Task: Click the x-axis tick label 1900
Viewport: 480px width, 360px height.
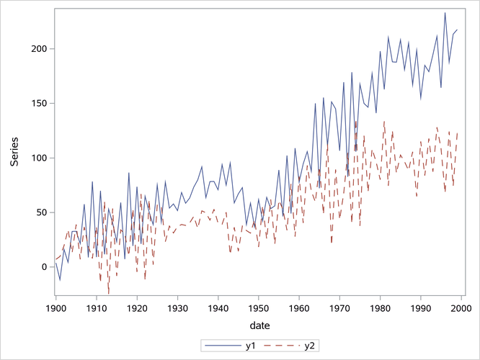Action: pyautogui.click(x=55, y=308)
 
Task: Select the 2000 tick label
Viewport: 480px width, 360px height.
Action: pyautogui.click(x=461, y=308)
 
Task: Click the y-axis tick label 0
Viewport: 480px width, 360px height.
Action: pyautogui.click(x=44, y=267)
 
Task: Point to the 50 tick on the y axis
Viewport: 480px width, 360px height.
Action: pyautogui.click(x=41, y=212)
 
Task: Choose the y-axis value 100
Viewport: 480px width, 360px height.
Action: pyautogui.click(x=38, y=158)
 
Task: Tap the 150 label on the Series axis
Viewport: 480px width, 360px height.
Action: pyautogui.click(x=38, y=103)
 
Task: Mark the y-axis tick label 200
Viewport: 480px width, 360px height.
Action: pyautogui.click(x=38, y=49)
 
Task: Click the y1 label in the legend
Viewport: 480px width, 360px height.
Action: pyautogui.click(x=251, y=346)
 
